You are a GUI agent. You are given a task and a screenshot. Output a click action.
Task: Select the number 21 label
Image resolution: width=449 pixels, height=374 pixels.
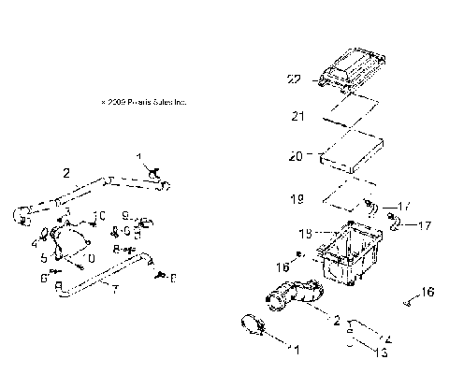[298, 117]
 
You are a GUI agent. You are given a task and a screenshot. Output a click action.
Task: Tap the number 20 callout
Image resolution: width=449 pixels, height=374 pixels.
[297, 157]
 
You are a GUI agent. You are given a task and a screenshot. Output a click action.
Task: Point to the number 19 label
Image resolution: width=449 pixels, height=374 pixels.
[298, 199]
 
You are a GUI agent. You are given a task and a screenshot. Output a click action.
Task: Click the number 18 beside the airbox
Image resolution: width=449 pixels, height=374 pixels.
[304, 233]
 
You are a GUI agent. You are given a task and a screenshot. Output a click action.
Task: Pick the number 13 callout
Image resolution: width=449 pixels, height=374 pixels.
[380, 352]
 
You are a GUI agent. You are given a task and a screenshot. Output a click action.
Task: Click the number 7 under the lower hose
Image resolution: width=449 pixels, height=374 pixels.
[114, 290]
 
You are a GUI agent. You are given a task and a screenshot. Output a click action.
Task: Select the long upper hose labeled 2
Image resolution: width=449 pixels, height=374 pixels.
[94, 192]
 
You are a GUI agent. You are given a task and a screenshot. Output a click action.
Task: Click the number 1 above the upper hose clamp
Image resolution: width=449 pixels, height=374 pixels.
[138, 157]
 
